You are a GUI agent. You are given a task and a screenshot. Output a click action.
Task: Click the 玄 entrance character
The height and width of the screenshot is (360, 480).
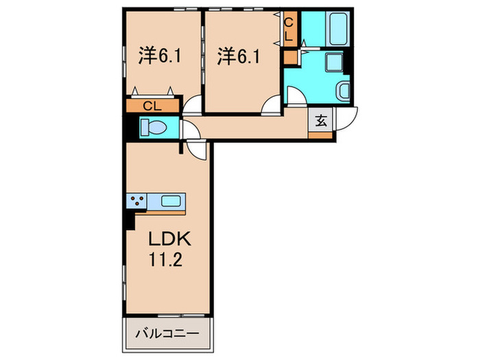click(x=321, y=120)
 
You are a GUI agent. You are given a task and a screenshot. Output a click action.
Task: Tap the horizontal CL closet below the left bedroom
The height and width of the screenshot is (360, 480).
click(x=152, y=106)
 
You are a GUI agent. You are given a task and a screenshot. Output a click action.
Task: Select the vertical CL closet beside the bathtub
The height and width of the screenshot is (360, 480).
click(x=289, y=31)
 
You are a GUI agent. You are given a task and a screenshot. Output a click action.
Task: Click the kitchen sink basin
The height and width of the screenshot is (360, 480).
click(x=171, y=201)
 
